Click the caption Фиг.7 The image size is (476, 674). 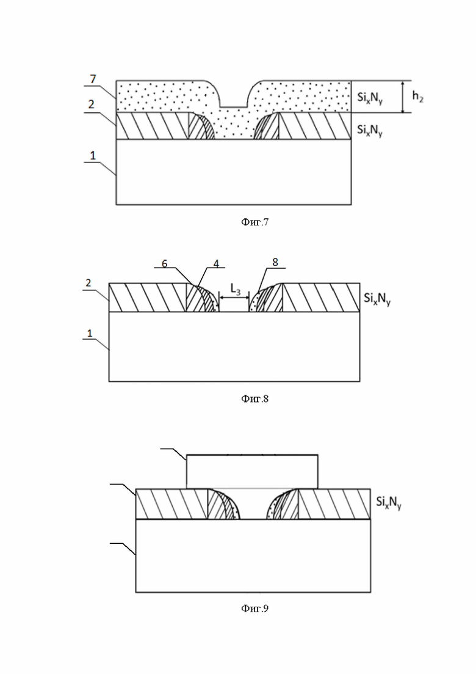[x=255, y=222]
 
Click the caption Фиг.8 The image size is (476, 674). [x=255, y=398]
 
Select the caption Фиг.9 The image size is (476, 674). [x=255, y=608]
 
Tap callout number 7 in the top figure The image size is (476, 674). [x=93, y=79]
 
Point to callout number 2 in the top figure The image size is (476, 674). [x=91, y=104]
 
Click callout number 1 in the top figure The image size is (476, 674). [x=93, y=155]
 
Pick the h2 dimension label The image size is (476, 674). [x=417, y=96]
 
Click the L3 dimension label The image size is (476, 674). [x=236, y=289]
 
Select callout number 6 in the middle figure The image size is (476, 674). [x=164, y=263]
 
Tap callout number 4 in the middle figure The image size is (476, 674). [x=216, y=263]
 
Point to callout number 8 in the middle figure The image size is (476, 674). [x=275, y=262]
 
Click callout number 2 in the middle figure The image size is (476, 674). [x=88, y=283]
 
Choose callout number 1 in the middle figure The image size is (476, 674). [x=90, y=333]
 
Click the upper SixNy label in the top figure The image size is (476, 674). [x=370, y=98]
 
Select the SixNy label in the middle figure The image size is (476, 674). [x=377, y=299]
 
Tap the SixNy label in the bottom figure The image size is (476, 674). [x=389, y=502]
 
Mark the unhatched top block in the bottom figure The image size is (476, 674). [x=252, y=471]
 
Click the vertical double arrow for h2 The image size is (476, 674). [x=403, y=97]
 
